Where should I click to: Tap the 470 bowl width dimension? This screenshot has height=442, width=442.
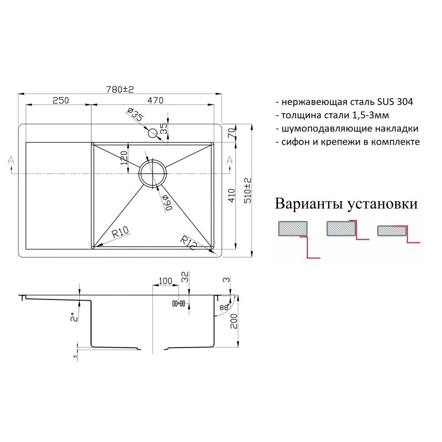155,101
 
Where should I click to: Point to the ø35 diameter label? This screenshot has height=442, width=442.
135,117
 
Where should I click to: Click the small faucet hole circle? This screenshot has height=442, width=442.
152,133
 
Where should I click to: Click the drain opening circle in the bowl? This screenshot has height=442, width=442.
152,172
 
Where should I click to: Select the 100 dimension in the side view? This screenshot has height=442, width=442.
164,281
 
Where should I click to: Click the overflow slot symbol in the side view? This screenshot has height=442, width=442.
178,303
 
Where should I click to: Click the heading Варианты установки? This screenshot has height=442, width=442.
346,204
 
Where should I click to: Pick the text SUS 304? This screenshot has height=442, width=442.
395,102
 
